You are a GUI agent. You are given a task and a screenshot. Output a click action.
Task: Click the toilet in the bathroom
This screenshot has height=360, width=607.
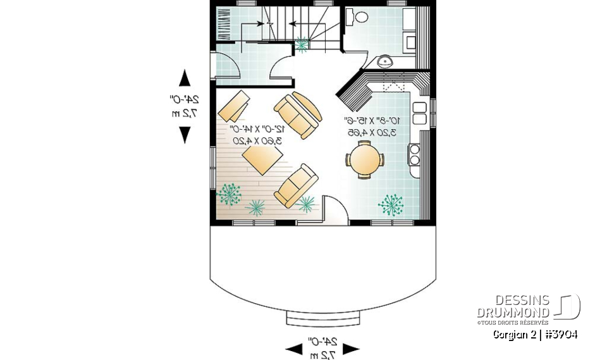[x=361, y=16]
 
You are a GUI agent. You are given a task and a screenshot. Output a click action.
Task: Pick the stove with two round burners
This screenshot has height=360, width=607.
[x=415, y=154]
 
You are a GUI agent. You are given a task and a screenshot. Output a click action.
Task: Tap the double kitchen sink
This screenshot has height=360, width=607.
[x=419, y=113]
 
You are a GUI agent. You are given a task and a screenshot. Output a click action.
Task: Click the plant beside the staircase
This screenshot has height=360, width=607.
[x=303, y=44]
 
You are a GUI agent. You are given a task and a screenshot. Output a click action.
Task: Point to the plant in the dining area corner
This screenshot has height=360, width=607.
[x=392, y=204]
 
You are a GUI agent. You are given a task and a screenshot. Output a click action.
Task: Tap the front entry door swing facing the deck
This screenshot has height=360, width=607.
[x=335, y=209]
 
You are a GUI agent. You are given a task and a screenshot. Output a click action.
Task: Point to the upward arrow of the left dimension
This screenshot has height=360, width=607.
[x=185, y=78]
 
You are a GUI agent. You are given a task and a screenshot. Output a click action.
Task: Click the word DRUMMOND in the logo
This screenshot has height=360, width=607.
[x=513, y=313]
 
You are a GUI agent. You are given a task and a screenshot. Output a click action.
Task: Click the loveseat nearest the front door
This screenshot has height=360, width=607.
[x=296, y=185]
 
